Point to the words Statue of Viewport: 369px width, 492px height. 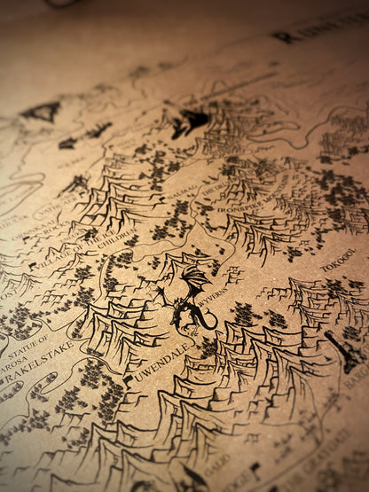click(x=27, y=340)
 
